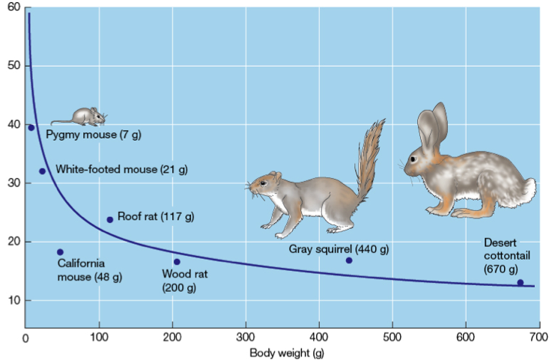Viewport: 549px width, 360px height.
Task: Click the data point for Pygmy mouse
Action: [31, 127]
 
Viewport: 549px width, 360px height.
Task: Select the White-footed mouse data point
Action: [42, 171]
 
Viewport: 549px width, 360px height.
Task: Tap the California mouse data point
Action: [60, 252]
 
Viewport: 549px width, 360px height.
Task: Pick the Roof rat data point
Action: [110, 219]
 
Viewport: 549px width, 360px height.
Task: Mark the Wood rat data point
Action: [177, 261]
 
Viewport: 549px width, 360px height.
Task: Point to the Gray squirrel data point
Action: [348, 260]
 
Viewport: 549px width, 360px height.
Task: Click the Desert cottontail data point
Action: [521, 282]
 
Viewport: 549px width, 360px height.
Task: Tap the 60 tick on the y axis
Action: [14, 7]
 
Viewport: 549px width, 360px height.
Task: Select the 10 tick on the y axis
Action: [14, 300]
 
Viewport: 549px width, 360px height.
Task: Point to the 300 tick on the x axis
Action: [246, 336]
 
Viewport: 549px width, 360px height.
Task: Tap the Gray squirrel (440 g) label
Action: [339, 248]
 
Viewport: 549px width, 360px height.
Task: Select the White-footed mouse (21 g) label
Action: [121, 169]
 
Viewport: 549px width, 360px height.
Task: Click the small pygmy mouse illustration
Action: [82, 116]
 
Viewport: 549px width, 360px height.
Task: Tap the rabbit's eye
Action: [413, 159]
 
